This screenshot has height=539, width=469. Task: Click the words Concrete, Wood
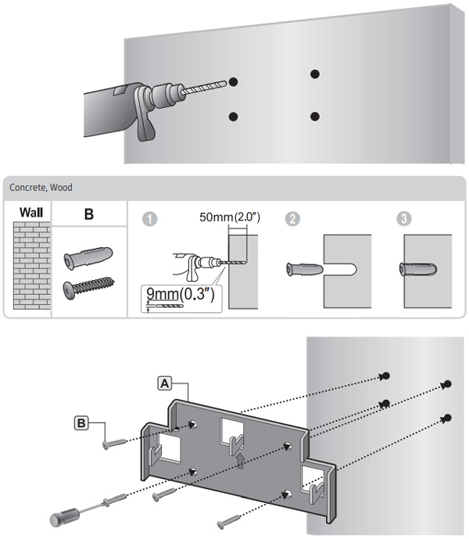pos(41,187)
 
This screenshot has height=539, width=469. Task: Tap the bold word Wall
pos(31,213)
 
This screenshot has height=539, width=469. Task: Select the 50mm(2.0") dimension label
pos(230,217)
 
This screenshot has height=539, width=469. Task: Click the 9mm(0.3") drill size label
pos(181,294)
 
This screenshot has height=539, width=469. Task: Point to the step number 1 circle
pos(150,219)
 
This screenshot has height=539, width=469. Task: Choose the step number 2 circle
pos(293,218)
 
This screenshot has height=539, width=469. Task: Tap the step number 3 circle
pos(403,218)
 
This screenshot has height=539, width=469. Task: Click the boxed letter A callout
pos(165,383)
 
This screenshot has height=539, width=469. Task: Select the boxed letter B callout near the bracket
pos(81,422)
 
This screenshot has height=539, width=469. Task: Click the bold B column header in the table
pos(89,214)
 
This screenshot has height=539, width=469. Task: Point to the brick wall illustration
pos(32,265)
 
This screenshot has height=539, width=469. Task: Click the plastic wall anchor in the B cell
pos(88,257)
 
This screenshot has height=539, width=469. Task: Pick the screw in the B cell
pos(88,287)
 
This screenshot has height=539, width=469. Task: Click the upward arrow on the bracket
pos(240,461)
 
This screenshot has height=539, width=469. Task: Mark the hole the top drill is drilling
pos(233,82)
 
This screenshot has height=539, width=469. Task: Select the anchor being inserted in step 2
pos(305,269)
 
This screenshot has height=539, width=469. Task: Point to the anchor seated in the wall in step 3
pos(418,269)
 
